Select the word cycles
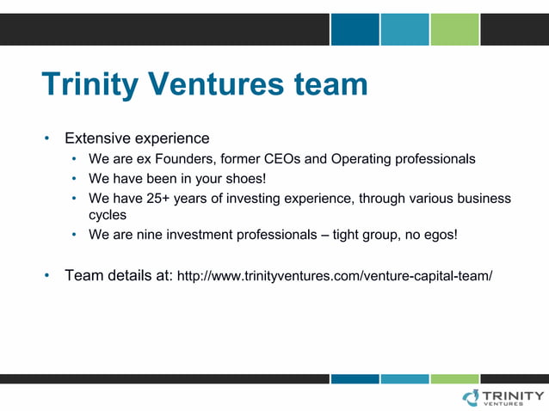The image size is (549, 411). click(x=108, y=215)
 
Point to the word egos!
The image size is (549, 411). click(x=441, y=235)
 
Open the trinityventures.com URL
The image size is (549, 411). click(x=334, y=277)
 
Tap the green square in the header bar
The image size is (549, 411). click(x=453, y=29)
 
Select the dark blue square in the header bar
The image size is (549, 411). click(x=355, y=29)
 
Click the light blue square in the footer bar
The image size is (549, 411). click(x=404, y=378)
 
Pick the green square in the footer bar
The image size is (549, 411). click(x=453, y=378)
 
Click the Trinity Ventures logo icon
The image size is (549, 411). click(x=472, y=397)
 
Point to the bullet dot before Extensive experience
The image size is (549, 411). click(x=48, y=138)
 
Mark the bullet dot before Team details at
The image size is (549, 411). click(x=48, y=276)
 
